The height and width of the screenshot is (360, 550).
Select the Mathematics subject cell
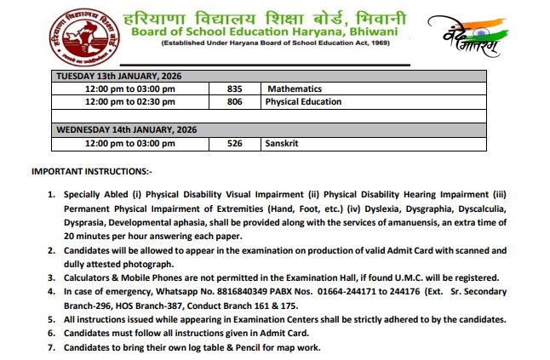[x=295, y=89]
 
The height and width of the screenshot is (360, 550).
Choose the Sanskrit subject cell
[x=285, y=143]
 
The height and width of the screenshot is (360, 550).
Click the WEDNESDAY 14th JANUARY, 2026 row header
[x=126, y=129]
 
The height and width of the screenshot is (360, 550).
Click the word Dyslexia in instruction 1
[x=349, y=208]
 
